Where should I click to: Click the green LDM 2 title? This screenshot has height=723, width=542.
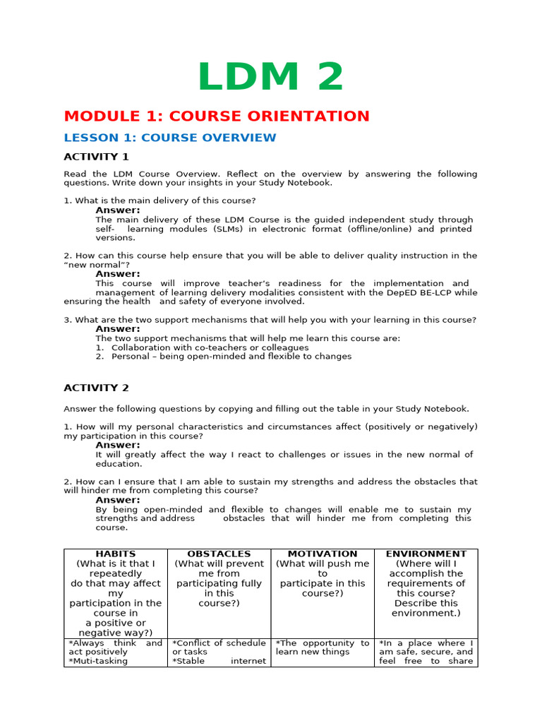pyautogui.click(x=270, y=77)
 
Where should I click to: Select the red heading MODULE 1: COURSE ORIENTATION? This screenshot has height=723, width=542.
pyautogui.click(x=217, y=116)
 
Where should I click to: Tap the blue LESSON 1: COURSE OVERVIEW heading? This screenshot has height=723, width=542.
pyautogui.click(x=170, y=138)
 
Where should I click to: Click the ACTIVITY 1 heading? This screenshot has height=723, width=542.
pyautogui.click(x=97, y=157)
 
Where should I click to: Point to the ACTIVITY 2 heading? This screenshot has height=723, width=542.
pyautogui.click(x=97, y=388)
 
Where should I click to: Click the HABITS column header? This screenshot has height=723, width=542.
pyautogui.click(x=115, y=554)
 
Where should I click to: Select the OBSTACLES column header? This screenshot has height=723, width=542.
pyautogui.click(x=219, y=554)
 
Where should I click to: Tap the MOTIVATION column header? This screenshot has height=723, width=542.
pyautogui.click(x=323, y=554)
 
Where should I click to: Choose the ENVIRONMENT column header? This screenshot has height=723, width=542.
pyautogui.click(x=426, y=554)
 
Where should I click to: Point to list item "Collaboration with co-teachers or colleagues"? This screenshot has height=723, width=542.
pyautogui.click(x=210, y=347)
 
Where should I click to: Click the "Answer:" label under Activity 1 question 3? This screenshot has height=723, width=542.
pyautogui.click(x=118, y=329)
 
